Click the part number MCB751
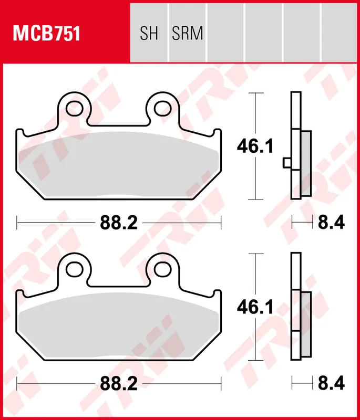[x=46, y=34]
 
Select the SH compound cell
[x=149, y=34]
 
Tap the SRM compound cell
[x=187, y=34]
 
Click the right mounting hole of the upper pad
[x=161, y=108]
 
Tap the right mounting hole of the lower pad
[x=161, y=269]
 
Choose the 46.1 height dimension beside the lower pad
[x=255, y=308]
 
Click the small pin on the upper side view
[x=286, y=163]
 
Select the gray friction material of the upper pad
[x=119, y=165]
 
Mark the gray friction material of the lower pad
[x=119, y=326]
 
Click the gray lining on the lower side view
[x=306, y=324]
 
